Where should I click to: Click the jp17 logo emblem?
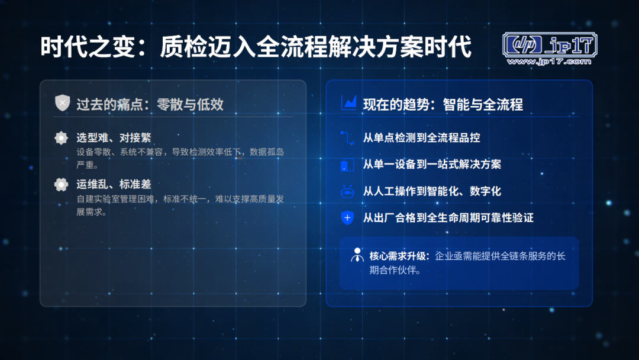[550, 44]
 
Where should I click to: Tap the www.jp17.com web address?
[549, 62]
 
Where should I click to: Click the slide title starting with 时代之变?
[256, 46]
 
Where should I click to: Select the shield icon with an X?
[62, 103]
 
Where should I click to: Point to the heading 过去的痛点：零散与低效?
[150, 104]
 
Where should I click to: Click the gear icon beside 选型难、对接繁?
[61, 138]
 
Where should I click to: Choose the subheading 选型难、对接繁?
[114, 138]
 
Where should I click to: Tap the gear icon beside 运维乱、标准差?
[61, 185]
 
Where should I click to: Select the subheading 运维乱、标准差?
[114, 184]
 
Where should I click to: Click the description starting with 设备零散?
[180, 158]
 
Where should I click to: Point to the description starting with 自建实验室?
[180, 205]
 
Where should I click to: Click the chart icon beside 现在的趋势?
[349, 103]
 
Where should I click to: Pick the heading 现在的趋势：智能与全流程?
[443, 105]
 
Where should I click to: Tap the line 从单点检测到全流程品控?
[421, 138]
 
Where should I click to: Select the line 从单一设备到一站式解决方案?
[432, 164]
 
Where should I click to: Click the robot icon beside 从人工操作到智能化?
[347, 191]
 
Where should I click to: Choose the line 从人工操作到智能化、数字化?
[432, 191]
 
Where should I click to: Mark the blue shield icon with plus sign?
[347, 218]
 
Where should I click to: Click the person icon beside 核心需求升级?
[357, 255]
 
